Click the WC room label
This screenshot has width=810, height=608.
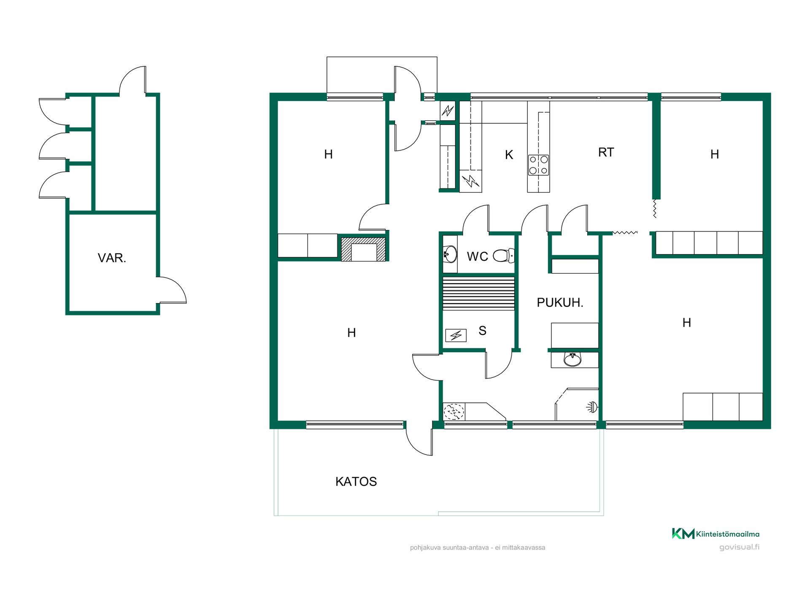477,256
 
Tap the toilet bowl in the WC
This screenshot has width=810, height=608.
504,255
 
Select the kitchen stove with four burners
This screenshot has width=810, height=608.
538,165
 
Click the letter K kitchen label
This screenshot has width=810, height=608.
509,155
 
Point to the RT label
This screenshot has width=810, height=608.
606,152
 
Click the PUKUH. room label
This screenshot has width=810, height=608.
560,302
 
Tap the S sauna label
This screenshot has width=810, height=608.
483,331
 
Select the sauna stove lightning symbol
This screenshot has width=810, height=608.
456,335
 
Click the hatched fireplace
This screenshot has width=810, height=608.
363,250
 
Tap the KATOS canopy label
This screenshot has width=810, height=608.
356,482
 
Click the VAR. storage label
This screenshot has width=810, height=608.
112,258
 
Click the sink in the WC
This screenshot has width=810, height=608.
450,254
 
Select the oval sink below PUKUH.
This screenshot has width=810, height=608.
572,359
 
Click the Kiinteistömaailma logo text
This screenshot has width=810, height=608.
727,534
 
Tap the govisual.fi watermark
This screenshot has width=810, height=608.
739,547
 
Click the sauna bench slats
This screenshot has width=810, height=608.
478,293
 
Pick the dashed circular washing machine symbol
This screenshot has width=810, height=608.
454,412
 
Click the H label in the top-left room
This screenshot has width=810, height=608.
328,155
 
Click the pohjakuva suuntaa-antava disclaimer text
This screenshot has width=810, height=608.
478,548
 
